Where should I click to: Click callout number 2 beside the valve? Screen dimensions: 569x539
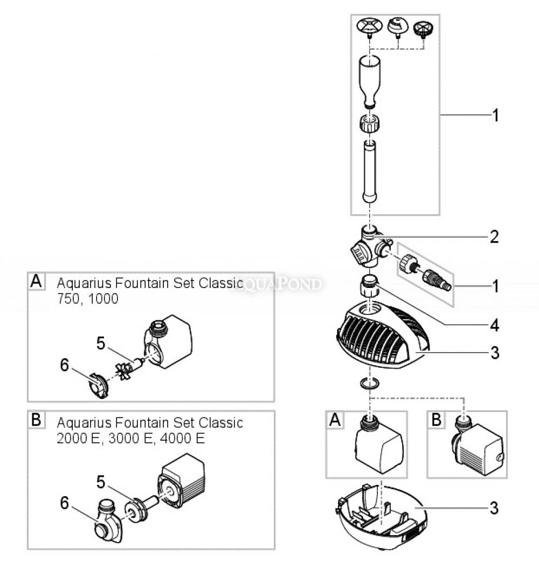[x=494, y=237]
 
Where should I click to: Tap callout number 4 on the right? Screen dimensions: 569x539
[x=494, y=325]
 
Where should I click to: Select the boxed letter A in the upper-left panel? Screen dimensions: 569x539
[x=36, y=282]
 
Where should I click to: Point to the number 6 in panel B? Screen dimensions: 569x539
[x=65, y=503]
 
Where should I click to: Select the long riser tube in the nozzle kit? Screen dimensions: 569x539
[x=370, y=172]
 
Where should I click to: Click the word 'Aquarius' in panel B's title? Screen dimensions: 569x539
[x=82, y=422]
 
